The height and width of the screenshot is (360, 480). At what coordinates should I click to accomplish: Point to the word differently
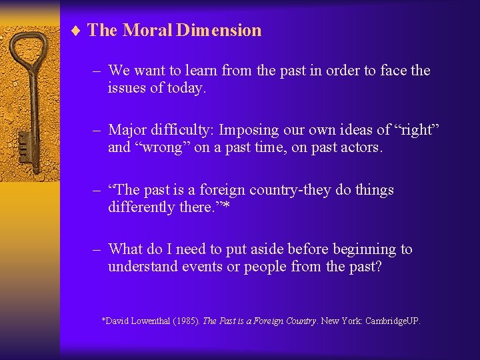pos(140,207)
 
